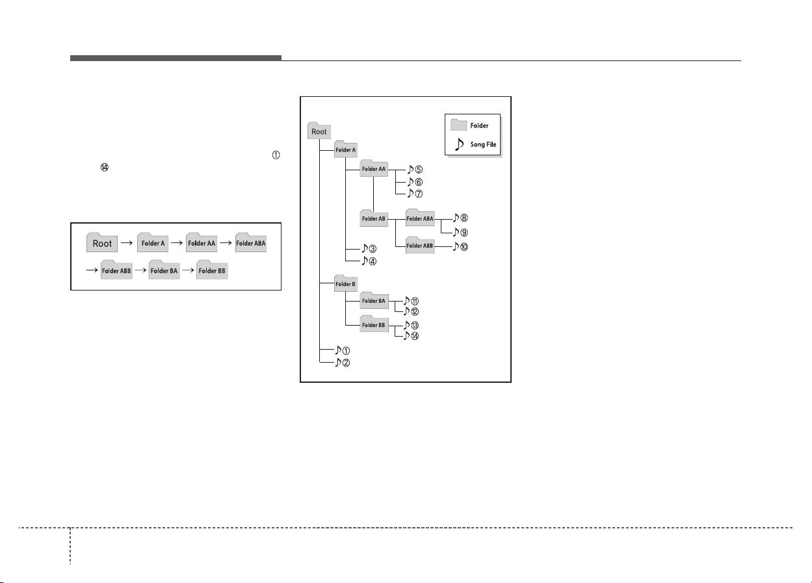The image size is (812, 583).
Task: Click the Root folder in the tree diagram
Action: tap(319, 131)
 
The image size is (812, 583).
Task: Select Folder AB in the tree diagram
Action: tap(373, 218)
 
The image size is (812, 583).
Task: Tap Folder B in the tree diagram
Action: tap(345, 283)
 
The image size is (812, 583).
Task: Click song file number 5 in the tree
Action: tap(415, 169)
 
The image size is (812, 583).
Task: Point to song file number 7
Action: tap(415, 194)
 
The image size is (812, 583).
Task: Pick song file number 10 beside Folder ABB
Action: tap(460, 247)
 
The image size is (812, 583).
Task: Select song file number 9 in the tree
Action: tap(460, 232)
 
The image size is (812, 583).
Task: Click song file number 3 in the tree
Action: tap(369, 248)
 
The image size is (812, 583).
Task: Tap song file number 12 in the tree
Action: tap(411, 311)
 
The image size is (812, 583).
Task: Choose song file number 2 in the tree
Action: tap(343, 362)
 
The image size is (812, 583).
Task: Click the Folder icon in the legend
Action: tap(458, 125)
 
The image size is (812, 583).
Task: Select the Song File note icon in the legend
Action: tap(459, 144)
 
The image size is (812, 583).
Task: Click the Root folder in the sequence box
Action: tap(102, 243)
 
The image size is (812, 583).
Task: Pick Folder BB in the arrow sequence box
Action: tap(212, 270)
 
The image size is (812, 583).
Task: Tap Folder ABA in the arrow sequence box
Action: tap(251, 243)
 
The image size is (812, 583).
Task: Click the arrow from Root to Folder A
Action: tap(127, 243)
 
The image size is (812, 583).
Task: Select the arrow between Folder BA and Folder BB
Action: tap(188, 270)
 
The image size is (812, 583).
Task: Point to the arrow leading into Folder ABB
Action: tap(92, 270)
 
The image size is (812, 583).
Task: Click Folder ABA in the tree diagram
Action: tap(420, 218)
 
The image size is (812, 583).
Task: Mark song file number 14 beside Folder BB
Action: tap(411, 336)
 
